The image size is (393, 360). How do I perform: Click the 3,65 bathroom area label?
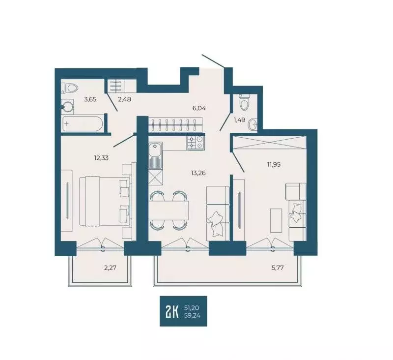(90, 99)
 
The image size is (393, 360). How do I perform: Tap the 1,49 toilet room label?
(238, 119)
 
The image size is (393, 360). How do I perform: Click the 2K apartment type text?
(172, 311)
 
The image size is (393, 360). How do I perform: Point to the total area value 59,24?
(192, 316)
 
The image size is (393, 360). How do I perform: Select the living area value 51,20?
(192, 307)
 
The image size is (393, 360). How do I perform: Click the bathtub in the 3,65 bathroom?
(82, 123)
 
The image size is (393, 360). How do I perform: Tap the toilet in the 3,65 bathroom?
(71, 89)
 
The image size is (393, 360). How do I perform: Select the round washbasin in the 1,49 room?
(253, 124)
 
